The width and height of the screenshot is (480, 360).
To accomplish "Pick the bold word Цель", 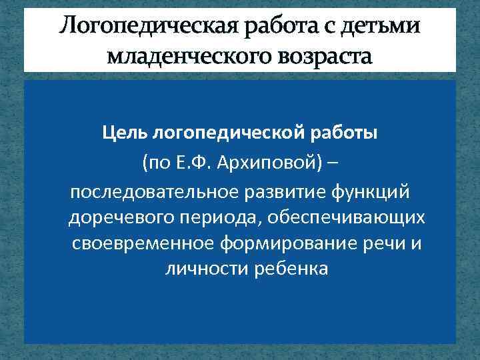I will (125, 133).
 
